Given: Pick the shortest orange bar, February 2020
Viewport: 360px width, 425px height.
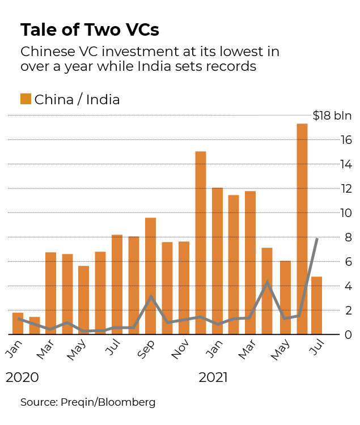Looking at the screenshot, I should click(35, 325).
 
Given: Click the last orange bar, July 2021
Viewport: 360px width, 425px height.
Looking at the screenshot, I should click(316, 305).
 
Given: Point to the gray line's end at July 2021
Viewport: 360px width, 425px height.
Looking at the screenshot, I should click(316, 239).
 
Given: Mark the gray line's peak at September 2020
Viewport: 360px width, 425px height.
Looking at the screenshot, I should click(151, 296).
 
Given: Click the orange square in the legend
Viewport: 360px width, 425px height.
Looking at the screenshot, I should click(26, 99).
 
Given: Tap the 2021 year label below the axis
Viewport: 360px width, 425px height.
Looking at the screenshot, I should click(213, 377).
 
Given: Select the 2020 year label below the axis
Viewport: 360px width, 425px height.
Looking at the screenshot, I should click(23, 377).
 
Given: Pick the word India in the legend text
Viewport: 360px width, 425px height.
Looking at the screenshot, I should click(104, 100).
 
